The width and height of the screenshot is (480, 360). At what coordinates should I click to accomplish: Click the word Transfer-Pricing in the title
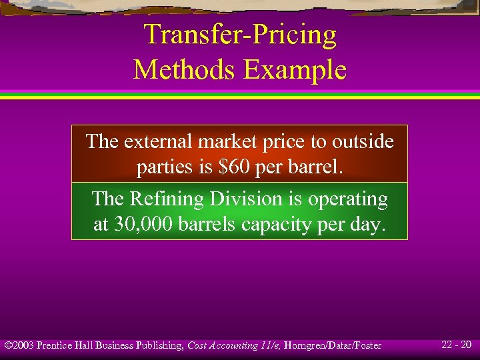point(240,35)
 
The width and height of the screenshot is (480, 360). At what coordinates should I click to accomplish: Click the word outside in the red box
point(362,141)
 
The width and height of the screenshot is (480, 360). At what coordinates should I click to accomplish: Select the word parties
point(165,167)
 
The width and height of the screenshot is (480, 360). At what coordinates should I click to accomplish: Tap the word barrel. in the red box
point(315,167)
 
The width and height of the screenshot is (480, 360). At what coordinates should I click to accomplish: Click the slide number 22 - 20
point(456,345)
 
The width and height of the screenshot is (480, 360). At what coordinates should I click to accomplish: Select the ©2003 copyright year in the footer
point(19,345)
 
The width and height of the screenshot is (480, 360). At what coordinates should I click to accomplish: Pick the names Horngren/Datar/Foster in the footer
point(333,345)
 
